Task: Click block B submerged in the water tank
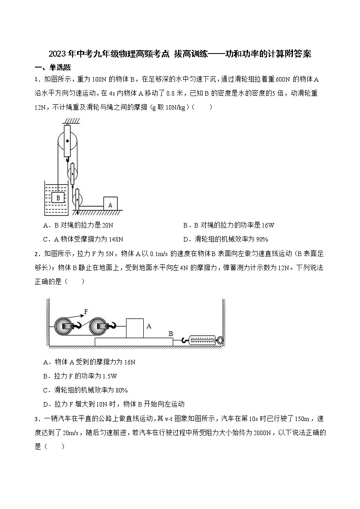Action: click(58, 198)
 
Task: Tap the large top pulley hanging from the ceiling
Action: click(67, 141)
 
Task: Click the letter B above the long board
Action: click(170, 334)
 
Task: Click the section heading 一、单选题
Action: click(53, 68)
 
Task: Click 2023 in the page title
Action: click(58, 54)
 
